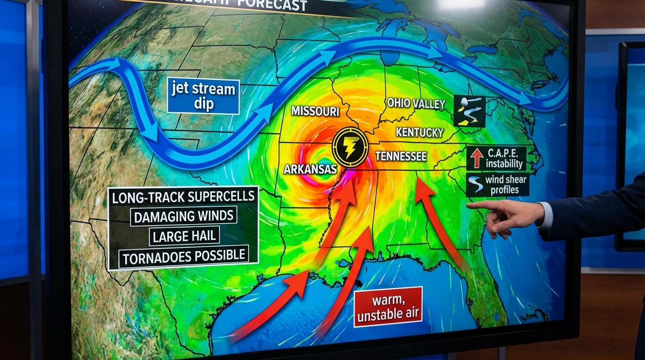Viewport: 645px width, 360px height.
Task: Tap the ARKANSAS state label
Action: click(x=310, y=169)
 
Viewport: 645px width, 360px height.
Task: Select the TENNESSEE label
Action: click(x=401, y=156)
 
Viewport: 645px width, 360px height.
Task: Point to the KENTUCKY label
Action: click(x=420, y=133)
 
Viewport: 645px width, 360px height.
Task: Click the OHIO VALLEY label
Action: click(x=415, y=103)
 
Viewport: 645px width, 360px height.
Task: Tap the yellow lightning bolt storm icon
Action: click(x=349, y=147)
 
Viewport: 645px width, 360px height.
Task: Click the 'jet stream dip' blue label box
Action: click(x=203, y=96)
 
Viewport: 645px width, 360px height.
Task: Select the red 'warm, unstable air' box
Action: click(x=388, y=307)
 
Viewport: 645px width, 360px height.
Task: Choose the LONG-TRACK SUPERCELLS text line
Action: click(x=183, y=197)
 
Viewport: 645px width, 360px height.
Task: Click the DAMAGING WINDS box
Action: click(x=183, y=216)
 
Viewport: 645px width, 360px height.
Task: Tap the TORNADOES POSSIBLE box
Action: click(x=183, y=256)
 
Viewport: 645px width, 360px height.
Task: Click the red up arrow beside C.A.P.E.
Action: click(x=477, y=158)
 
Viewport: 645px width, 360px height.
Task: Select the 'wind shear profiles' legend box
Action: click(x=497, y=185)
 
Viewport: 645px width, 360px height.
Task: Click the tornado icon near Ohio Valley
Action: click(x=469, y=111)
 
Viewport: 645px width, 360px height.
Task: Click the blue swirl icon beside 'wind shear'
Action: click(x=475, y=185)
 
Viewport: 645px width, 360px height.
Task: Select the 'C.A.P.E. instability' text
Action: click(x=504, y=158)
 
